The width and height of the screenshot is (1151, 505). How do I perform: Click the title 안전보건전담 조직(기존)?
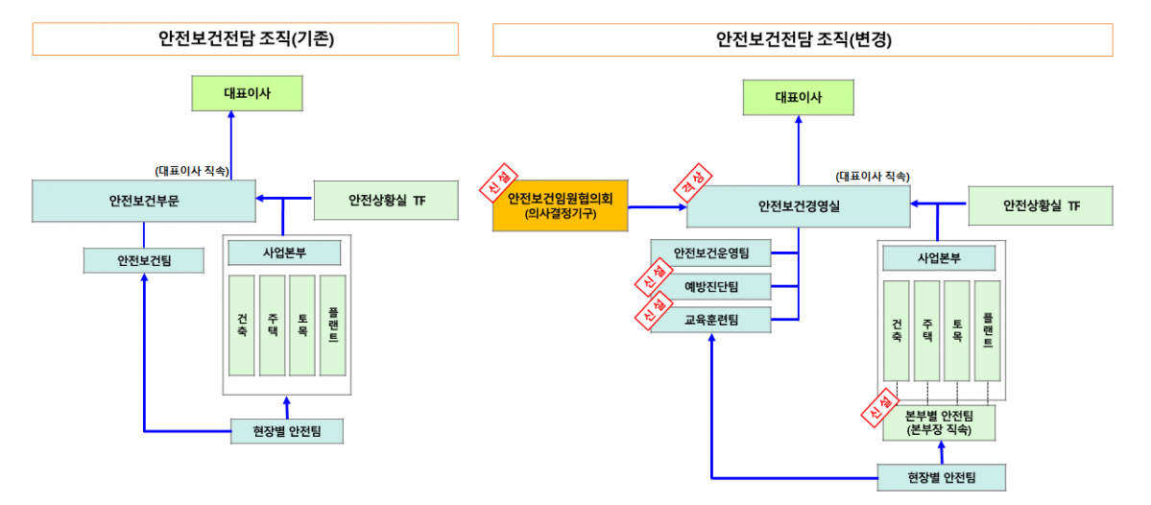pos(245,39)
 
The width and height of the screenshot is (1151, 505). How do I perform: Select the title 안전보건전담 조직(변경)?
pos(802,39)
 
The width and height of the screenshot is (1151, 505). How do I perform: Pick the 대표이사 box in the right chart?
pos(798,97)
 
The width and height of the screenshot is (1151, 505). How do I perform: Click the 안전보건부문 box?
pos(143,201)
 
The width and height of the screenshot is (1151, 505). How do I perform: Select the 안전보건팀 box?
pos(144,259)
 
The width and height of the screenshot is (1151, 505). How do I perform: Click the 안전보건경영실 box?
pos(798,205)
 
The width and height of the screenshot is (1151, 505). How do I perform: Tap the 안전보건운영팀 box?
pos(710,253)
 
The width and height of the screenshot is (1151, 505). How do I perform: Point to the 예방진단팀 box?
pos(710,286)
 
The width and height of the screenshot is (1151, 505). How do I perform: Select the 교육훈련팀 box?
pos(710,319)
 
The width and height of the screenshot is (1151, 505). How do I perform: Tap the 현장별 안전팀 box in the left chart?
pos(287,431)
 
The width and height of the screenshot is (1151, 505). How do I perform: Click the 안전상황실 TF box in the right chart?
pos(1041,205)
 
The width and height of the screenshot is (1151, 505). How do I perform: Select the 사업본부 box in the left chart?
pos(284,252)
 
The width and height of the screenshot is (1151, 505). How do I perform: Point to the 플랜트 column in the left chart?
pos(332,325)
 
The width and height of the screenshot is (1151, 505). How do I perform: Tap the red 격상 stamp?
pos(693,183)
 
